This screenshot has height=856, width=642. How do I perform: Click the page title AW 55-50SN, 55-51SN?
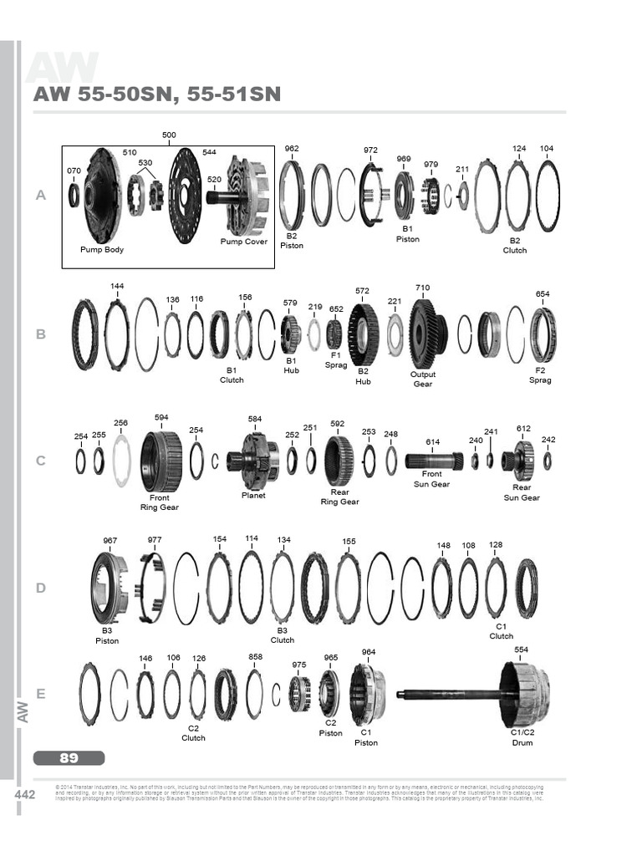(x=156, y=94)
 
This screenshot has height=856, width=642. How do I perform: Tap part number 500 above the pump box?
(x=169, y=135)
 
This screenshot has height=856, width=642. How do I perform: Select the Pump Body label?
(x=102, y=249)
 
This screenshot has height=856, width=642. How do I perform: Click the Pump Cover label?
(x=244, y=242)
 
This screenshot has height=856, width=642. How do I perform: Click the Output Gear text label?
(x=422, y=380)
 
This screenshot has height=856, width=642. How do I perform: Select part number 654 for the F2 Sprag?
(x=543, y=294)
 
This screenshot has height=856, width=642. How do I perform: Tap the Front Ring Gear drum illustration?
(x=160, y=461)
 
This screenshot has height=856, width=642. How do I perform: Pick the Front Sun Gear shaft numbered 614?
(x=434, y=461)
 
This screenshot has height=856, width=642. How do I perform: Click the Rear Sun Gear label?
(x=521, y=492)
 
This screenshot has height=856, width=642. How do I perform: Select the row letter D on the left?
(x=40, y=588)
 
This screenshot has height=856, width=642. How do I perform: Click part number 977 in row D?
(x=155, y=540)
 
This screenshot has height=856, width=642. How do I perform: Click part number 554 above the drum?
(x=522, y=650)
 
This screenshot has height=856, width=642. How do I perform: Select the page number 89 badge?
(x=69, y=758)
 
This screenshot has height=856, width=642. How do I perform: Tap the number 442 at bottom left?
(x=25, y=795)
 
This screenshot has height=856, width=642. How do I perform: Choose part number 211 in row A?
(x=461, y=170)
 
